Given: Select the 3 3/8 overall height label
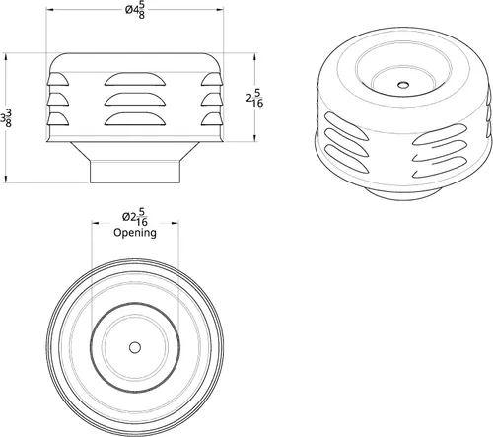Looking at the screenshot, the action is [x=6, y=118].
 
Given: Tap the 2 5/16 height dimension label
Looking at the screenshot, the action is [x=255, y=98].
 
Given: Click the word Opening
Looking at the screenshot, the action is [x=135, y=233].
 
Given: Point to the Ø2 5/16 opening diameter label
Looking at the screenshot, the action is [x=135, y=217].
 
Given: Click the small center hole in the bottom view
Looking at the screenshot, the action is [x=135, y=347].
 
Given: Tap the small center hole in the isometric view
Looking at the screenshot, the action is [x=403, y=85].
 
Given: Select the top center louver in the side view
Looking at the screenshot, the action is [x=135, y=79].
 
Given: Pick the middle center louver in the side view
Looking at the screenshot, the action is [x=135, y=100].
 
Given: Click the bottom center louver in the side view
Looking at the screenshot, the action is [x=135, y=119].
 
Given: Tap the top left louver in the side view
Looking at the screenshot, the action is [x=58, y=80].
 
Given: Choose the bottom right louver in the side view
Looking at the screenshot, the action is [x=212, y=119].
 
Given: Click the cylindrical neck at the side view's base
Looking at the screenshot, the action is [x=135, y=172].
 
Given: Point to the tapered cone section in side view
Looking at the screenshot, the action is [x=135, y=151].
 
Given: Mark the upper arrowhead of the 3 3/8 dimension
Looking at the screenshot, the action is [x=6, y=58].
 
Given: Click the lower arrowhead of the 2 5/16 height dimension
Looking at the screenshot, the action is [x=255, y=137].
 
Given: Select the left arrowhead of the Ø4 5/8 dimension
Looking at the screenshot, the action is [x=50, y=10].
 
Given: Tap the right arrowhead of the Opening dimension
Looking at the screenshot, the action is [x=175, y=223].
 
